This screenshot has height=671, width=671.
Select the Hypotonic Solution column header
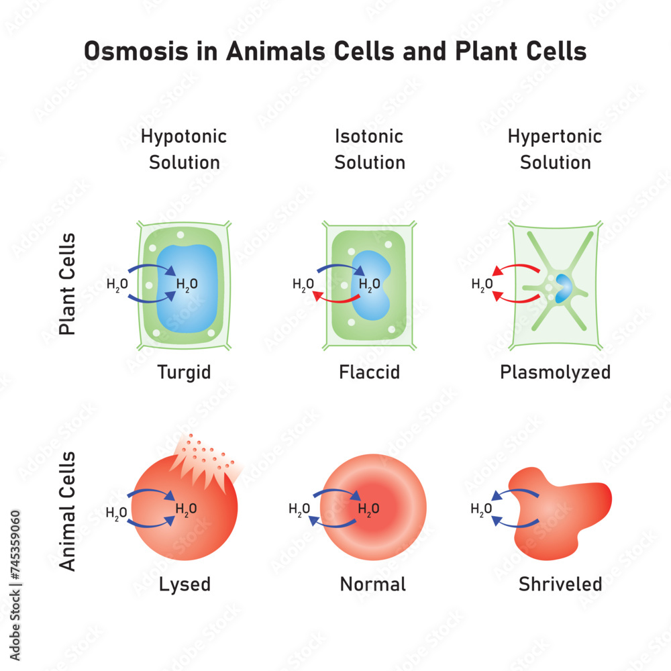[x=184, y=149]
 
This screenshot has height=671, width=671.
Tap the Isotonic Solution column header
[x=370, y=149]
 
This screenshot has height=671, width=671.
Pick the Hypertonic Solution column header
[x=555, y=149]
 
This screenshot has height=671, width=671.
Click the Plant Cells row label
[x=68, y=284]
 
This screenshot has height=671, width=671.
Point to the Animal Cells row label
[x=68, y=511]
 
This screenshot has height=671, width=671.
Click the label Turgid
[x=184, y=372]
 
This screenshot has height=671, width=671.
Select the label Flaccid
[x=369, y=372]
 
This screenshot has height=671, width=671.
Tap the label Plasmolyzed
[x=555, y=372]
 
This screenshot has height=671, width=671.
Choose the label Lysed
[x=185, y=584]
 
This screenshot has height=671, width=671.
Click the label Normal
[x=372, y=584]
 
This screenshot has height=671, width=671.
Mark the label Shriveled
[x=560, y=584]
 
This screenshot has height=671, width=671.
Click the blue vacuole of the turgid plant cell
[x=195, y=309]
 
